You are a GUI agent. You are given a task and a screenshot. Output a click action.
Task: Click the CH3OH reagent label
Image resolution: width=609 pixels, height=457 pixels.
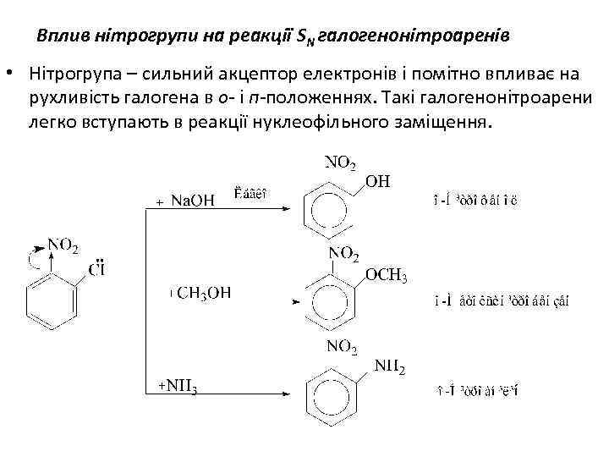pos(202,293)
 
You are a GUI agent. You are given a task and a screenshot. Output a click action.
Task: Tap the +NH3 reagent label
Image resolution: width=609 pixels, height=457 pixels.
pos(178,388)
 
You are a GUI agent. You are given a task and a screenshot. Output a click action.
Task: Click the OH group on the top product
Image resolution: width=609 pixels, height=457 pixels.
pos(378,180)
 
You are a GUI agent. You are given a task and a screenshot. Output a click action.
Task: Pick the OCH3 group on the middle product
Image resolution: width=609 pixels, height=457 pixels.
pos(387,276)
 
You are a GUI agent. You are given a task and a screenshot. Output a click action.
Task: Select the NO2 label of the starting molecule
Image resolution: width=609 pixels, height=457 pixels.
pos(63,245)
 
